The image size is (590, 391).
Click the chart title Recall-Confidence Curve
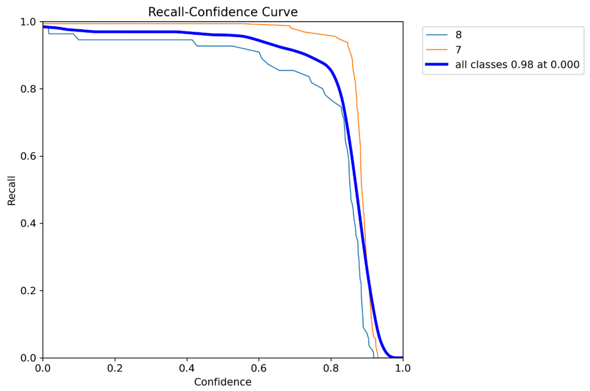pyautogui.click(x=223, y=12)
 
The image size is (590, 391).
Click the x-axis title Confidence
pyautogui.click(x=223, y=382)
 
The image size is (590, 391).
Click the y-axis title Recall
pyautogui.click(x=11, y=191)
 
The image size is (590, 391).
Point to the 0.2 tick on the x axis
pyautogui.click(x=115, y=368)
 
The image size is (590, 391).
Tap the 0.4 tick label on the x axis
pyautogui.click(x=187, y=368)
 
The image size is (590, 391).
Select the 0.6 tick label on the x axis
pyautogui.click(x=259, y=368)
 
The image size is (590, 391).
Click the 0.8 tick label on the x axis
pyautogui.click(x=331, y=368)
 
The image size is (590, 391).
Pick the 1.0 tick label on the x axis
pyautogui.click(x=403, y=368)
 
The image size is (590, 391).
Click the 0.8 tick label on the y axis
pyautogui.click(x=28, y=89)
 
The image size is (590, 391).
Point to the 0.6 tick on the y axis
pyautogui.click(x=28, y=156)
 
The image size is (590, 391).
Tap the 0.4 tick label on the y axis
pyautogui.click(x=28, y=223)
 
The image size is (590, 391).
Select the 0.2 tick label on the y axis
pyautogui.click(x=28, y=291)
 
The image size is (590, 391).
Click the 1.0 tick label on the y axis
pyautogui.click(x=28, y=22)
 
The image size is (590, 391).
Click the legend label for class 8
pyautogui.click(x=459, y=35)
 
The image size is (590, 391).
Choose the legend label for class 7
pyautogui.click(x=459, y=50)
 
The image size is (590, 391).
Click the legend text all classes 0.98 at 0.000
pyautogui.click(x=517, y=64)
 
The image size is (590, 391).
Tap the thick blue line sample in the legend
pyautogui.click(x=437, y=64)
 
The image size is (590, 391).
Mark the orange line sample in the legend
pyautogui.click(x=437, y=50)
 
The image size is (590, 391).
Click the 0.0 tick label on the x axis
pyautogui.click(x=43, y=368)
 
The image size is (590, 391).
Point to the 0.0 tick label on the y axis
pyautogui.click(x=28, y=358)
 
